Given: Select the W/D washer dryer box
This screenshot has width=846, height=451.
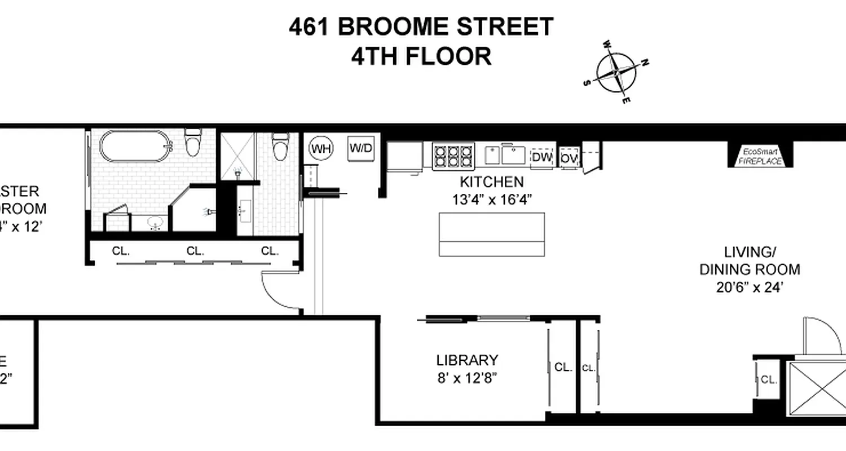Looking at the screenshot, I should [361, 149].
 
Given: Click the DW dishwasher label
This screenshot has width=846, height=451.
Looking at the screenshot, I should [542, 158].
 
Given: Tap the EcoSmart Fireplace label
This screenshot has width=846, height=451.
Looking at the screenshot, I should [761, 156].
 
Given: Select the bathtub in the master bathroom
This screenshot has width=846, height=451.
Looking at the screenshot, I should [135, 147].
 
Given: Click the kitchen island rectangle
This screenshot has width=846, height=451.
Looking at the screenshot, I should [492, 234].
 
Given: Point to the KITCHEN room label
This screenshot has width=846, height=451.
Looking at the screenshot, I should [492, 182].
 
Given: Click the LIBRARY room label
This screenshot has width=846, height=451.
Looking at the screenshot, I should [467, 360].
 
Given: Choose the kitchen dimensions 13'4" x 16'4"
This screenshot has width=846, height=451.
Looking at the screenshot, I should [492, 199].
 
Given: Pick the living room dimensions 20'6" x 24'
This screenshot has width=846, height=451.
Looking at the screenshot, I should [750, 287].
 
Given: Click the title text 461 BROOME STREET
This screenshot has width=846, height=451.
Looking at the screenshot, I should [421, 27].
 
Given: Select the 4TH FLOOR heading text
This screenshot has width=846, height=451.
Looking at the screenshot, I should [421, 56].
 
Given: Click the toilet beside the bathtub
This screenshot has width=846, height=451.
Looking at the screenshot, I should [193, 143].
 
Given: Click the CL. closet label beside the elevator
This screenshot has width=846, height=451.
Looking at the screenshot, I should [769, 379].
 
